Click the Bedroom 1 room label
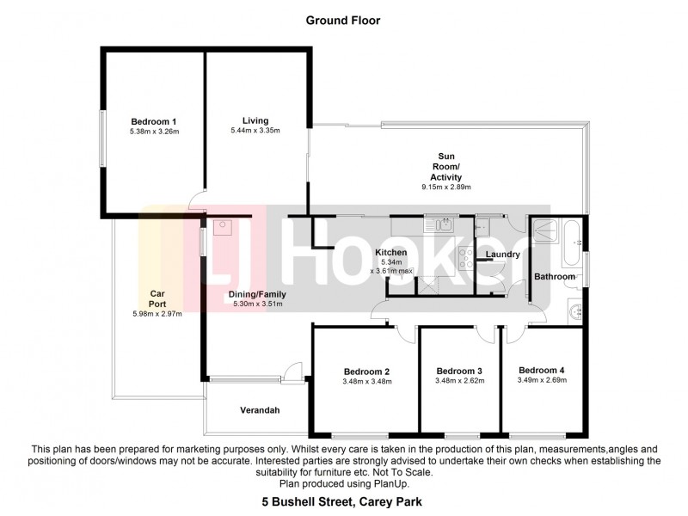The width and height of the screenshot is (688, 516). pyautogui.click(x=154, y=120)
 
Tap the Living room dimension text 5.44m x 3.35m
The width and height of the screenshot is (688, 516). pyautogui.click(x=255, y=130)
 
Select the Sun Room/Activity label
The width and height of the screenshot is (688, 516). pyautogui.click(x=445, y=167)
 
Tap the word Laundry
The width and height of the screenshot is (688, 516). pyautogui.click(x=502, y=255)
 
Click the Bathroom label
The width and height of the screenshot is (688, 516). pyautogui.click(x=555, y=277)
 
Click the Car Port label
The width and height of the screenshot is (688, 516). pyautogui.click(x=157, y=298)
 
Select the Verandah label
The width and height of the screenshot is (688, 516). pyautogui.click(x=259, y=410)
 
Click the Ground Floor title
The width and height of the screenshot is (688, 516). pyautogui.click(x=343, y=19)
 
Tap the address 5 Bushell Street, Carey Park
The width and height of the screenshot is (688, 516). pyautogui.click(x=343, y=500)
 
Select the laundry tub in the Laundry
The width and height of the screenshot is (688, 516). pyautogui.click(x=483, y=224)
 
